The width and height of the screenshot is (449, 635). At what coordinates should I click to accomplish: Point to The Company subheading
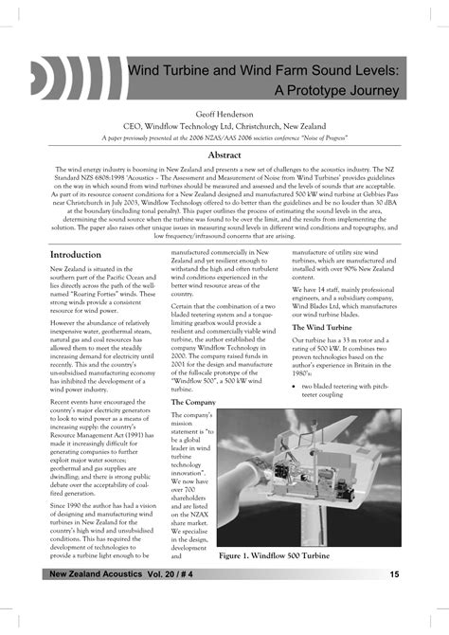(x=192, y=403)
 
